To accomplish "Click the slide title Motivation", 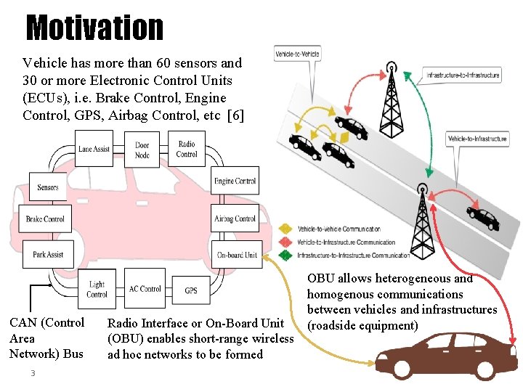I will pyautogui.click(x=94, y=28).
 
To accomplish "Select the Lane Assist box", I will pyautogui.click(x=94, y=149).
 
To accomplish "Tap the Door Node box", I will pyautogui.click(x=142, y=150).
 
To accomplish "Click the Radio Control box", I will pyautogui.click(x=187, y=149).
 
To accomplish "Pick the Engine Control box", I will pyautogui.click(x=235, y=181).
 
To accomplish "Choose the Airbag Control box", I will pyautogui.click(x=235, y=219).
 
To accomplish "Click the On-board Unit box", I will pyautogui.click(x=237, y=255).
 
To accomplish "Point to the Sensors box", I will pyautogui.click(x=48, y=187).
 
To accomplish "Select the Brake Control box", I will pyautogui.click(x=45, y=219).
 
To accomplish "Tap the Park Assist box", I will pyautogui.click(x=48, y=255).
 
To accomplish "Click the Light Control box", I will pyautogui.click(x=97, y=289).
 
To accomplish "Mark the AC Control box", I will pyautogui.click(x=145, y=289).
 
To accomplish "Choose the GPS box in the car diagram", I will pyautogui.click(x=191, y=290).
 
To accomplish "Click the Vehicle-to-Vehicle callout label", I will pyautogui.click(x=298, y=53).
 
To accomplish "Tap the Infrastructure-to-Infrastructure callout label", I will pyautogui.click(x=463, y=75).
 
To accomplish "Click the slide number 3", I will pyautogui.click(x=32, y=373).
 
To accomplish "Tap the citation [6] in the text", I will pyautogui.click(x=235, y=115).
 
